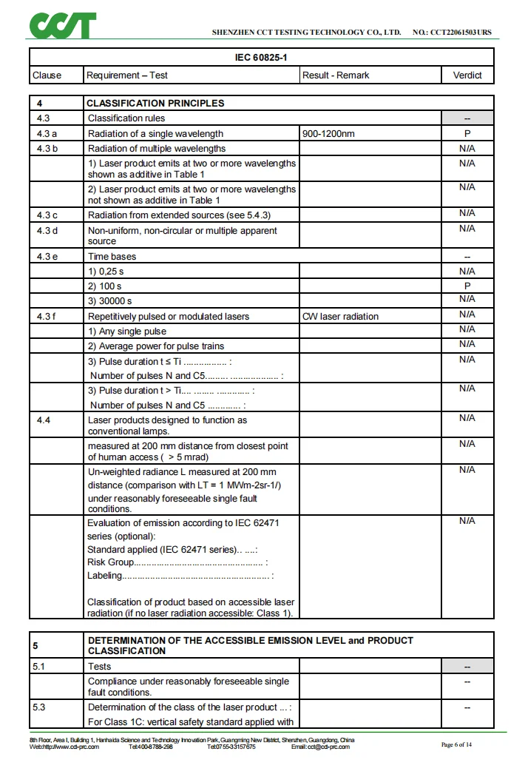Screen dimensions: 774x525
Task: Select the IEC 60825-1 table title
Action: click(261, 58)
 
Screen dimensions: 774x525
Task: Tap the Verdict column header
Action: click(467, 75)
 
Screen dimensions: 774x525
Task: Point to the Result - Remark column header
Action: click(336, 75)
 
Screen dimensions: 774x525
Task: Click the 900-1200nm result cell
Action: click(328, 134)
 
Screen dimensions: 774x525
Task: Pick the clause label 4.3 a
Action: click(47, 134)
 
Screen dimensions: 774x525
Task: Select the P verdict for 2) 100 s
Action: click(467, 286)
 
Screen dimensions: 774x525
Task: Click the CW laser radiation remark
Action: click(340, 317)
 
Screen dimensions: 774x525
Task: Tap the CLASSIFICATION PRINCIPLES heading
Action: click(155, 104)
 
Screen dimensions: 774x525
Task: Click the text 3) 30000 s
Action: click(110, 301)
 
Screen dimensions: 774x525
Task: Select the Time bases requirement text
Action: click(112, 257)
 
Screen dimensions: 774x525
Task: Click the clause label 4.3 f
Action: click(47, 317)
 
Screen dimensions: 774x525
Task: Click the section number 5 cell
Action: click(35, 645)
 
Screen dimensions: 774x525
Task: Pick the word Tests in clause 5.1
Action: click(100, 667)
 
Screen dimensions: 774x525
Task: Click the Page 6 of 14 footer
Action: click(456, 744)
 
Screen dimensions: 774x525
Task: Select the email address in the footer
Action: click(320, 747)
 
